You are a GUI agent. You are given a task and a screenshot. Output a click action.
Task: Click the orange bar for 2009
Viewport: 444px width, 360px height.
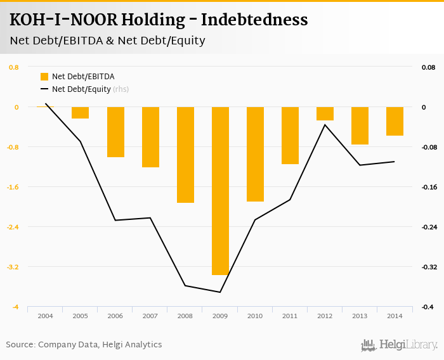click(220, 191)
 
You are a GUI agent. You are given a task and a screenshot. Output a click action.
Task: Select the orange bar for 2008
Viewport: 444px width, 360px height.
click(185, 155)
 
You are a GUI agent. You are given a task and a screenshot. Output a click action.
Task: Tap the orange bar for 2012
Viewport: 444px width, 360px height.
click(325, 113)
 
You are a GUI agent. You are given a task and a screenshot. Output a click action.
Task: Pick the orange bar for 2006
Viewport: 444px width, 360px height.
click(115, 132)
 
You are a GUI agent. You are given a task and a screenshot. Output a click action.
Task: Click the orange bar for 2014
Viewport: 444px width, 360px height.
click(395, 121)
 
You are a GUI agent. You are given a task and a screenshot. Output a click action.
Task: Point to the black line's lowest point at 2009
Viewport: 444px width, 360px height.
click(220, 292)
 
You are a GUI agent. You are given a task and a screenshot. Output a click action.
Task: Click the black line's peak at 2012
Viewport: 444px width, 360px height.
click(325, 125)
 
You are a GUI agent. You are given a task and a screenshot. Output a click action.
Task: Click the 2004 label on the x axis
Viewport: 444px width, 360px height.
click(45, 316)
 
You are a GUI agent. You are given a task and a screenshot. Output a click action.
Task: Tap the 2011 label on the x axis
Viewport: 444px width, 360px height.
click(290, 316)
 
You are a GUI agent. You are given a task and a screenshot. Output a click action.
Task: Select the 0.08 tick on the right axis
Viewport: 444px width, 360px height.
click(428, 67)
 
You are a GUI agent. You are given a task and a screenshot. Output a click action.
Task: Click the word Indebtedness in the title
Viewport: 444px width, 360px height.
click(254, 20)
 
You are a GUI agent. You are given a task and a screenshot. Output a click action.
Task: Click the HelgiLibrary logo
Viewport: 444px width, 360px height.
click(399, 345)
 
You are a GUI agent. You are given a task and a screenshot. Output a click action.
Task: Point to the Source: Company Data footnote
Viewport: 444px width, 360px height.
click(84, 345)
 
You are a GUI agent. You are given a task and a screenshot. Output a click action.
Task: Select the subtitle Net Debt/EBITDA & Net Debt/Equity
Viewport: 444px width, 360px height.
click(107, 41)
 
